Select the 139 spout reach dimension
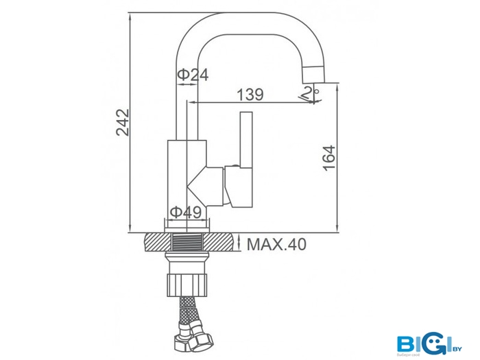[x=250, y=95]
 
